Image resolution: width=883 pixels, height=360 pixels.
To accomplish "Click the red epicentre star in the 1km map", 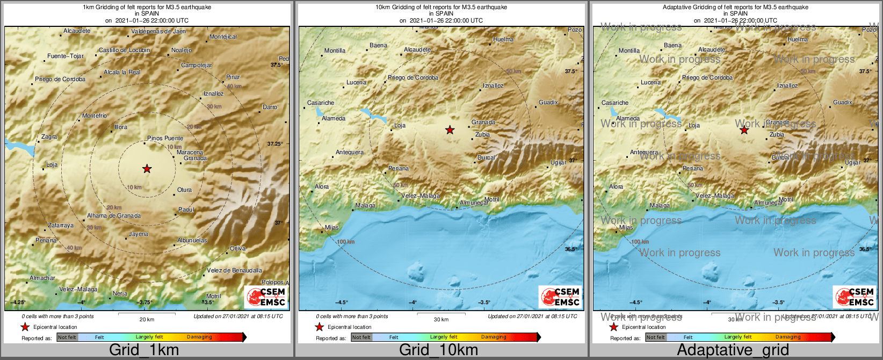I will click(x=147, y=169).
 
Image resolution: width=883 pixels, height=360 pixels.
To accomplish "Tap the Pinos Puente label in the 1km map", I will click(x=165, y=138).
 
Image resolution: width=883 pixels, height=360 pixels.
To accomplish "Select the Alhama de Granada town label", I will click(x=114, y=215).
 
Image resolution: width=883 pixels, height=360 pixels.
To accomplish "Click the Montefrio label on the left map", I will click(x=95, y=116).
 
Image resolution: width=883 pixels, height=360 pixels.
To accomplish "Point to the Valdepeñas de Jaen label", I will click(x=158, y=31).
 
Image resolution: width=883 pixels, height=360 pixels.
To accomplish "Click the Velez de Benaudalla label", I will click(x=235, y=270).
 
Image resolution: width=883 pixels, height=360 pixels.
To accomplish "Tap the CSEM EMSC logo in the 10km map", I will click(x=560, y=297).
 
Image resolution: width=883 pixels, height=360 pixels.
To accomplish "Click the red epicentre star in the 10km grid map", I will click(x=450, y=130).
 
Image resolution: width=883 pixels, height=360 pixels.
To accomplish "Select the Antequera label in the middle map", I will click(x=350, y=152).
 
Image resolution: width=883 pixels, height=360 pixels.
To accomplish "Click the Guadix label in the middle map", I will click(x=548, y=102).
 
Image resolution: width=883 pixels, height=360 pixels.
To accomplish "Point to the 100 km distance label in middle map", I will click(x=346, y=242).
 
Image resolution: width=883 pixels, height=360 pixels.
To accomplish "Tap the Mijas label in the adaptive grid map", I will click(x=626, y=227).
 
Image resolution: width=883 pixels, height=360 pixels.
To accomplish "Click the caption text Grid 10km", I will click(x=438, y=350).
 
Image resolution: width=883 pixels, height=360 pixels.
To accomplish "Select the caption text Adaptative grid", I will click(x=733, y=350).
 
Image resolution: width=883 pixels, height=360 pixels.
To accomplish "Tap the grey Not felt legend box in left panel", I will click(x=67, y=337).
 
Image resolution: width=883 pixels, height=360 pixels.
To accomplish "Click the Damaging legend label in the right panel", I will click(x=788, y=337).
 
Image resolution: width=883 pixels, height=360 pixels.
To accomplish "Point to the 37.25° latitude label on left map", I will click(x=275, y=143).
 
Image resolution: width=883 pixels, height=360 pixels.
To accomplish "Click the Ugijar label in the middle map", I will click(x=558, y=162).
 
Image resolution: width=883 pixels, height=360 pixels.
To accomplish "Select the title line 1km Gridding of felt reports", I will click(x=147, y=8).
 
